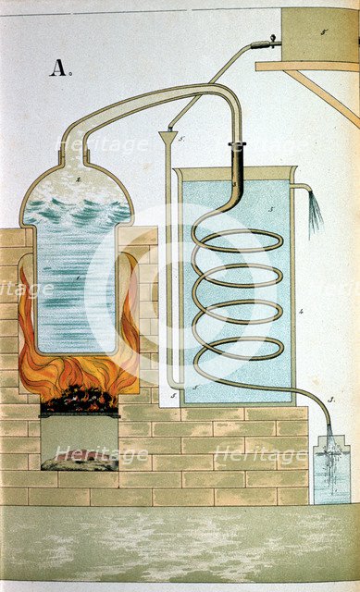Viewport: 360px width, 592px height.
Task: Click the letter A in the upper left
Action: pyautogui.click(x=58, y=67)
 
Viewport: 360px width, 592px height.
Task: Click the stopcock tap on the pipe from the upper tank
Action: pyautogui.click(x=269, y=41)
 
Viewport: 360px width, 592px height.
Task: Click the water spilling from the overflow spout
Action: pyautogui.click(x=315, y=213)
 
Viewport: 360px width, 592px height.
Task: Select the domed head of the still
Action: pyautogui.click(x=76, y=185)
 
